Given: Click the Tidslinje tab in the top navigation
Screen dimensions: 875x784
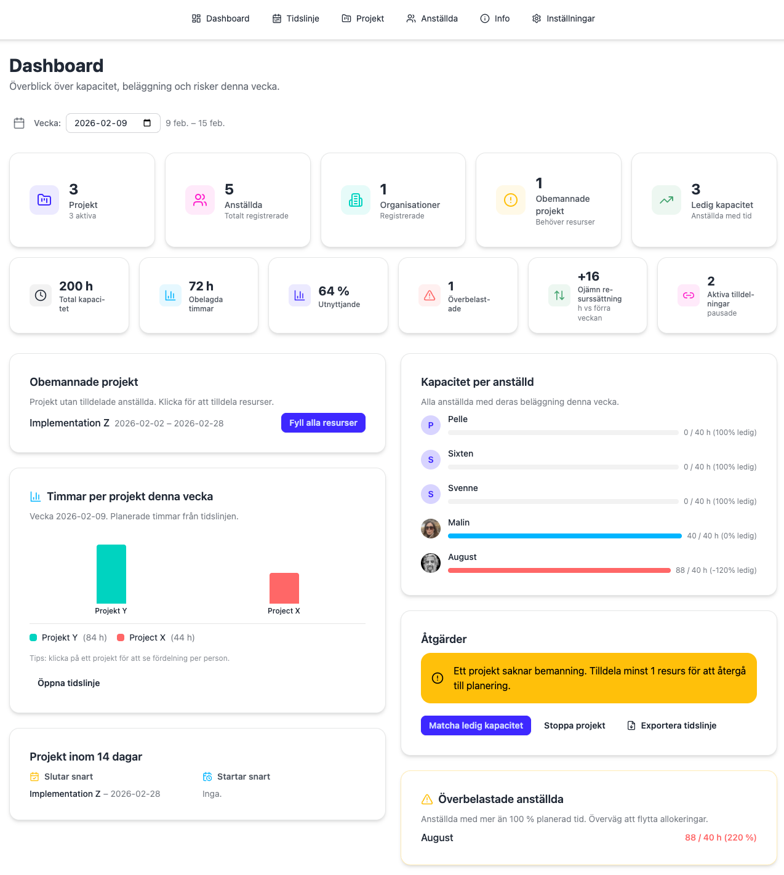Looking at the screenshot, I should tap(296, 18).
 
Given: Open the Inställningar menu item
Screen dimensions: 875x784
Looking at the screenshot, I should tap(564, 18).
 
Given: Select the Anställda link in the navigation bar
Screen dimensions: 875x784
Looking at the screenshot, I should tap(432, 18).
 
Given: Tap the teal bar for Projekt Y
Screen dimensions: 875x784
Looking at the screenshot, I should tap(111, 574).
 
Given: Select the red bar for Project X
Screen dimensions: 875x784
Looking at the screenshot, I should tap(284, 588).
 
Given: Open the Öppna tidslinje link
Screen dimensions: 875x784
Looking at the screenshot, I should tap(69, 683).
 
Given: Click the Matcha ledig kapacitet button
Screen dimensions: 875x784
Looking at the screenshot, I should tap(476, 725).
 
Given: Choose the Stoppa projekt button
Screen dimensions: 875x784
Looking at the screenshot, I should tap(575, 725).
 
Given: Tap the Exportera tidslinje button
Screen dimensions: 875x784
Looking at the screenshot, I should tap(672, 725).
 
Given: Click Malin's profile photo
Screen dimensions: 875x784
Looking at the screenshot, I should tap(431, 529).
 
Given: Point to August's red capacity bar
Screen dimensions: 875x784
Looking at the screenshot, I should tap(559, 570).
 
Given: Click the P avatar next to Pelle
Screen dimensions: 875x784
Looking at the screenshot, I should tap(431, 425).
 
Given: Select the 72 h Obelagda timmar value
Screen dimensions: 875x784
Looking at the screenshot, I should tap(201, 286).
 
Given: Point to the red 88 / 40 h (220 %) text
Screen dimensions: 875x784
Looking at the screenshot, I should tap(721, 837).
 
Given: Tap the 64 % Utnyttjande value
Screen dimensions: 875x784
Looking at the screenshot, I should tap(334, 291).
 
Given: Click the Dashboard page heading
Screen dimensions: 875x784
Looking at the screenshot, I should tap(57, 66).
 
